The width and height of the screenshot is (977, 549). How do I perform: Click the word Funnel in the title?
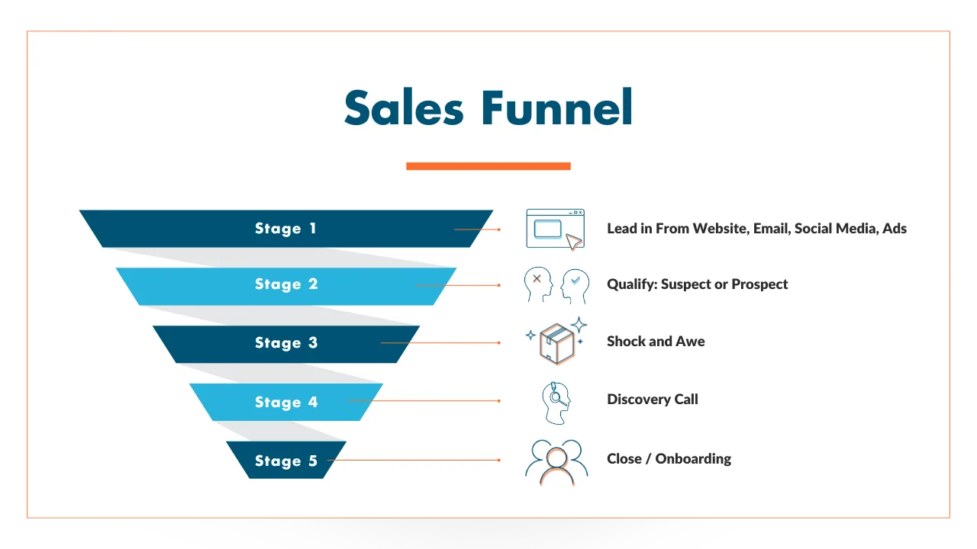(x=557, y=107)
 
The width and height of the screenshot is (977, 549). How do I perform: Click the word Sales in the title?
(x=404, y=108)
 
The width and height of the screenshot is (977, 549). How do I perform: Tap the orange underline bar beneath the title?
(x=488, y=166)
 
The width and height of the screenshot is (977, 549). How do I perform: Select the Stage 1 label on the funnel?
(x=285, y=228)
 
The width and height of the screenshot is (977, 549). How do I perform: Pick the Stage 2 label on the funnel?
(x=286, y=284)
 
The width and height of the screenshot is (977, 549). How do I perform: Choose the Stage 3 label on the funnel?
(x=286, y=343)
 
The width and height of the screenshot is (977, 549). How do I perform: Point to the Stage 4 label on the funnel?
(x=286, y=402)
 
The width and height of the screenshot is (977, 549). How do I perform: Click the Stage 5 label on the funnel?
(x=286, y=461)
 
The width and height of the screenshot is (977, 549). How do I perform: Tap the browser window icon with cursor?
(x=555, y=230)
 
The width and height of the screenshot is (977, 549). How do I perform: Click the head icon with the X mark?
(x=538, y=284)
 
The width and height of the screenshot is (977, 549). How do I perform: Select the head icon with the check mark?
(x=575, y=286)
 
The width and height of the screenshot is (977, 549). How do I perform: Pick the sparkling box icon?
(x=556, y=341)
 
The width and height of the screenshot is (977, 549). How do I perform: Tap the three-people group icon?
(x=556, y=463)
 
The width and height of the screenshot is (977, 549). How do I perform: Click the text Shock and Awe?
(x=656, y=341)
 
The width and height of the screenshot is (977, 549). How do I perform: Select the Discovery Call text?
(x=653, y=399)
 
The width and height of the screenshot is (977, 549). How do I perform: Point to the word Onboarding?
(x=693, y=459)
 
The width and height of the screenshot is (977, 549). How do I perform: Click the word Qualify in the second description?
(x=632, y=284)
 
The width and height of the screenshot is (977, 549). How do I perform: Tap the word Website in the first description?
(x=720, y=228)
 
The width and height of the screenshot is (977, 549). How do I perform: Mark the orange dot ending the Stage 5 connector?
(x=499, y=460)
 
